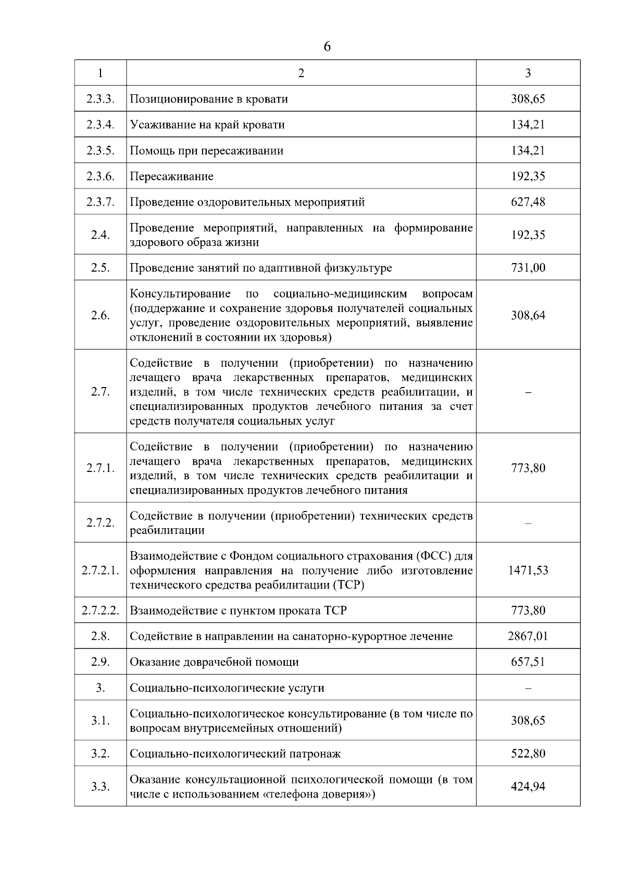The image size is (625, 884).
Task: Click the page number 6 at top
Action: coord(327,47)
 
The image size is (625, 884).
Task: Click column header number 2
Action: coord(301,73)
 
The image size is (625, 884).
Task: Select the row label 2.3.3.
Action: coord(100,99)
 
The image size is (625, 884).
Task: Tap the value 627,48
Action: coord(528,202)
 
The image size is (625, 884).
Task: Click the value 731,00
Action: coord(528,268)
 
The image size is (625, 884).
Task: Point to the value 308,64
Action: coord(528,315)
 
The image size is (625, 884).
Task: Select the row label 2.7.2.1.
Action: coord(100,570)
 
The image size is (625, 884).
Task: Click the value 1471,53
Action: coord(528,570)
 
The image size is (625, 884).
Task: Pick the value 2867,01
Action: coord(528,636)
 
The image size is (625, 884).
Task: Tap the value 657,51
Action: coord(528,662)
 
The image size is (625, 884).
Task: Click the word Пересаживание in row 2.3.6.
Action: coord(171,177)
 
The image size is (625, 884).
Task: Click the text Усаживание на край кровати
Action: coord(207,125)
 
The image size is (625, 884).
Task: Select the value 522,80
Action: coord(528,754)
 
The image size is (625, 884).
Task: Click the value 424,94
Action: coord(528,787)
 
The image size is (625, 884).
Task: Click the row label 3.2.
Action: coord(100,754)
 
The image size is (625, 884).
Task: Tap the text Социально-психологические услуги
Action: coord(227,688)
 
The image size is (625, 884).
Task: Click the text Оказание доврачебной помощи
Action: coord(214,662)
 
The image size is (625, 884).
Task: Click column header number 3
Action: coord(528,73)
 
